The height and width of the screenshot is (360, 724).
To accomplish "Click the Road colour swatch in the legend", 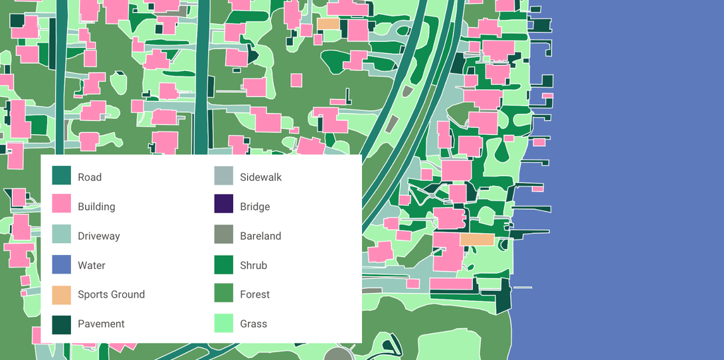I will coord(62,176).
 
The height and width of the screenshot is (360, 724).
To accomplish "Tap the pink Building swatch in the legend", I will coord(62,205).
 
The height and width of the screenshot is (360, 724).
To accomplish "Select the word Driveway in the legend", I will coord(98,236).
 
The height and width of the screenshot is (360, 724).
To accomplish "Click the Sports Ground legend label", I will coord(111,294).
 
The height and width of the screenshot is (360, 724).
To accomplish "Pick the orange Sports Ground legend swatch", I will coord(62,294).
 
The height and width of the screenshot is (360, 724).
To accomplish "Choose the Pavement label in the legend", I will coord(101,323).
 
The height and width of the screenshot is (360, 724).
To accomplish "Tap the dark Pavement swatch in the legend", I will coord(62,323).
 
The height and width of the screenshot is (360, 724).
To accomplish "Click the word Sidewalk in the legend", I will coord(261,177).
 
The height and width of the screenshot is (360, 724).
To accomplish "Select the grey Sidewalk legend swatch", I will coord(224,176).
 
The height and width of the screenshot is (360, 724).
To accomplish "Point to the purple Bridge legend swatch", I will coord(224,205).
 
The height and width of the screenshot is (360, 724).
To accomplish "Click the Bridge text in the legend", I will coord(255,207).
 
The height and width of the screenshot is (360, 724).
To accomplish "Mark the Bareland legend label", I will coord(260,236).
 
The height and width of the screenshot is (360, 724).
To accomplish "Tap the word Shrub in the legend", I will coord(254,265).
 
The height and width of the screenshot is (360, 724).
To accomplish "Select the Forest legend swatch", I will coord(224,294).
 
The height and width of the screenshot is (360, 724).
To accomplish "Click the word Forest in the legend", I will coord(255,294).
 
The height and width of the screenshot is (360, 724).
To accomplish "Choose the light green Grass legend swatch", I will coord(224,323).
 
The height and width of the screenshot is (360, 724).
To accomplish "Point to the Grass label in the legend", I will coord(254,323).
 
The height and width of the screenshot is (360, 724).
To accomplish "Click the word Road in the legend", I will coord(90,177).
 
